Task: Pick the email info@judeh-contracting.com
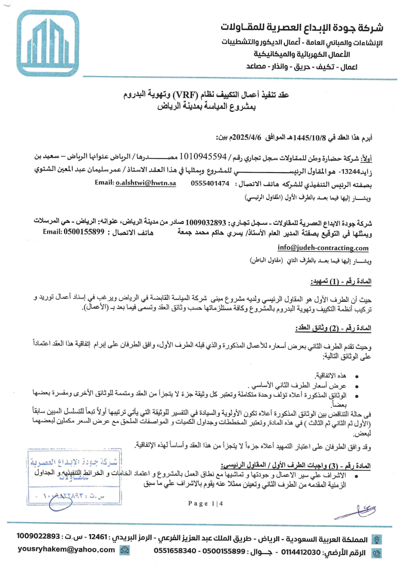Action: coord(323,248)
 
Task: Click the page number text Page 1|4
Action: coord(206,504)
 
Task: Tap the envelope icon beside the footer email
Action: coord(125,550)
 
